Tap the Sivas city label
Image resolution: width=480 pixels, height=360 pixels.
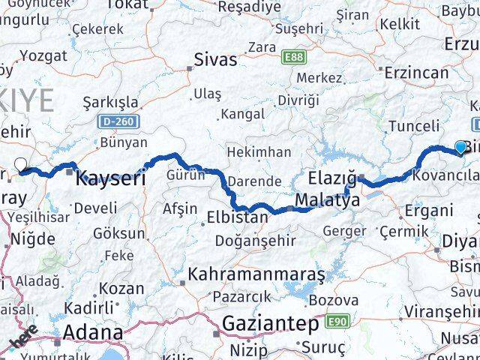point(215,59)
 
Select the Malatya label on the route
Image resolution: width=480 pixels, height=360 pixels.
point(324,200)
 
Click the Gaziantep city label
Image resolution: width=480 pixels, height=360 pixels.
point(271,324)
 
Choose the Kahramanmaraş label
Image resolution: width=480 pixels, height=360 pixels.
point(256,274)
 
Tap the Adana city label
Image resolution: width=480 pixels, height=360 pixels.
point(94,331)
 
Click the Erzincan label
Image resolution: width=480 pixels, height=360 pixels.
point(416,73)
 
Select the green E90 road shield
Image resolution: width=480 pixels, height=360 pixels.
point(338,321)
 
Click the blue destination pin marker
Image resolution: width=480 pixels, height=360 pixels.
point(460,148)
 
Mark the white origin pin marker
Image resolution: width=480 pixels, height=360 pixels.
point(20,165)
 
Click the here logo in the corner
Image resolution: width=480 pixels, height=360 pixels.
point(23,338)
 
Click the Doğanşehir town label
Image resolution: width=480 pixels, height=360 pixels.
point(255,241)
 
